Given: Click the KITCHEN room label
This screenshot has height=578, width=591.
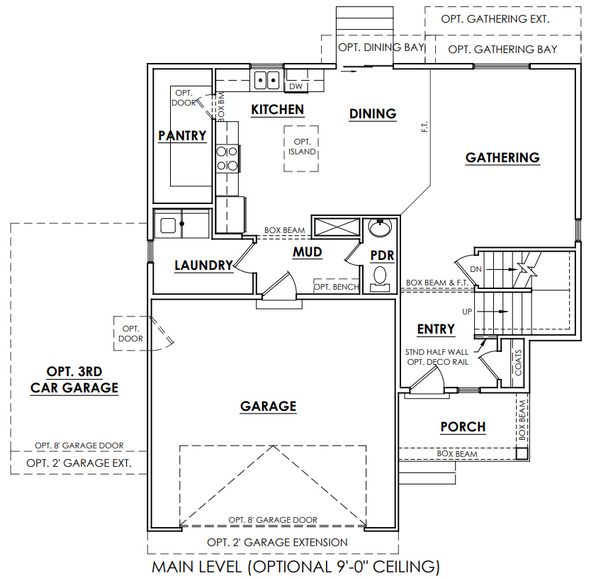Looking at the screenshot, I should click(x=278, y=110).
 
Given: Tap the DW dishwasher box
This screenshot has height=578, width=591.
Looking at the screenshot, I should click(x=296, y=86).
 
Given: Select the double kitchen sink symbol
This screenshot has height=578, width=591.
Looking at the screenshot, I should click(x=266, y=80).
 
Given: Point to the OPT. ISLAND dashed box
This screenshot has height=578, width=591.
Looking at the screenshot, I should click(x=302, y=147).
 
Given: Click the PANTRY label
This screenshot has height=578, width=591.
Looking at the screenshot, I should click(x=182, y=135).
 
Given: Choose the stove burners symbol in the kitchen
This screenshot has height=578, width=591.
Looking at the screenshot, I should click(x=227, y=158).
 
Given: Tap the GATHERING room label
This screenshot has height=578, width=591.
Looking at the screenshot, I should click(x=502, y=157).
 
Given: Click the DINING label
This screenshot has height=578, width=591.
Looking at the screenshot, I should click(x=372, y=113).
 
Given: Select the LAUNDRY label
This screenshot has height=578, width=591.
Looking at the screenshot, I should click(x=204, y=266).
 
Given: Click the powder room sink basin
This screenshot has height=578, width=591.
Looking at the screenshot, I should click(x=381, y=229).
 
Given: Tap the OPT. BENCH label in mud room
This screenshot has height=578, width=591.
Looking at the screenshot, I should click(x=336, y=287).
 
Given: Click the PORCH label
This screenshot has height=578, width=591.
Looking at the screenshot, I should click(x=463, y=426).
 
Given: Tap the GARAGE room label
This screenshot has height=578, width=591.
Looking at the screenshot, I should click(x=268, y=406).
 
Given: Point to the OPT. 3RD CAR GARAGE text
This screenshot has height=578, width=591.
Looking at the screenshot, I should click(x=74, y=380).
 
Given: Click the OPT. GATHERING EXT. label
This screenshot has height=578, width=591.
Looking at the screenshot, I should click(x=495, y=19).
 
